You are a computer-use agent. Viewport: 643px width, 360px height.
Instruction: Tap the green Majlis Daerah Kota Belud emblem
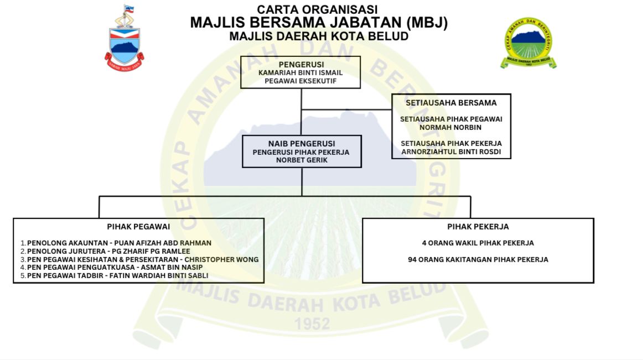coord(528,43)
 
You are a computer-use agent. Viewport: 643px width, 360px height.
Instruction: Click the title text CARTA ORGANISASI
coord(318,9)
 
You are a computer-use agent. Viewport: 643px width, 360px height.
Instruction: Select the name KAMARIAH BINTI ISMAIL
coord(300,73)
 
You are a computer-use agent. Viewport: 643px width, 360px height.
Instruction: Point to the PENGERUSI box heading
coord(301,64)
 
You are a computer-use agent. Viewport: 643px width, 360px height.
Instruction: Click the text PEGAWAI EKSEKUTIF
coord(300,81)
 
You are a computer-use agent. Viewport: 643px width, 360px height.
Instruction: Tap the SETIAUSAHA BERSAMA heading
coord(451,103)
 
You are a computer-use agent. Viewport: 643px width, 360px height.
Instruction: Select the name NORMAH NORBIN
coord(451,127)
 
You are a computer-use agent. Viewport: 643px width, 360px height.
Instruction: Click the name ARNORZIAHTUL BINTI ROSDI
coord(451,152)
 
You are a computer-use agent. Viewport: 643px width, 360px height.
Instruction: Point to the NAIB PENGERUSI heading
coord(302,143)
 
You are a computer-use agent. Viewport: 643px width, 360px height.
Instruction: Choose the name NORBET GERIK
coord(302,160)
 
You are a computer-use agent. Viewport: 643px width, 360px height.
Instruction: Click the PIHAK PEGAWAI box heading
coord(138,227)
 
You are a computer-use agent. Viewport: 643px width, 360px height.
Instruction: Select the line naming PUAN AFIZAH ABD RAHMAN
coord(119,243)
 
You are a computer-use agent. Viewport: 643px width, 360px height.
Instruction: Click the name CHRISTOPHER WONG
coord(221,259)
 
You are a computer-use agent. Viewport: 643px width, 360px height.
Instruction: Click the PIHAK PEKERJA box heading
coord(478,227)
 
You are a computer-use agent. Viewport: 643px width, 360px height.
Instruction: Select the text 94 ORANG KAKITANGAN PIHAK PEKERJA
coord(478,259)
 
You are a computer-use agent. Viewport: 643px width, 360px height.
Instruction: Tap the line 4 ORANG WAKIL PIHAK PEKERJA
coord(478,243)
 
